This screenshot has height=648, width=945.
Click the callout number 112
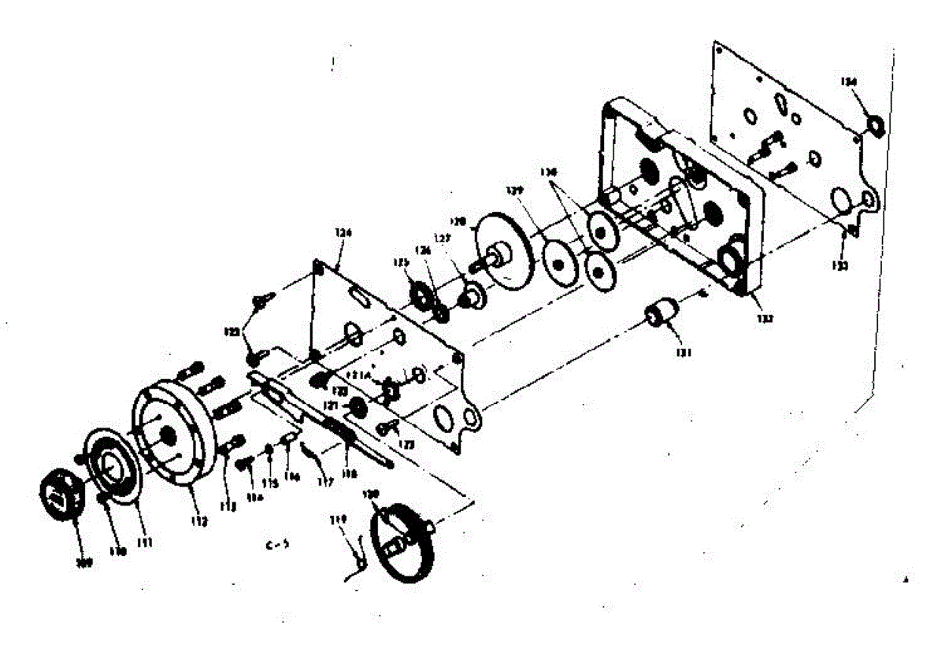[x=198, y=521]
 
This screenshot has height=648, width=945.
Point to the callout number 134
[x=847, y=82]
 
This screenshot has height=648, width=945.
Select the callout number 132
[x=766, y=319]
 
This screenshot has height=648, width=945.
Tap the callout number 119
[x=339, y=520]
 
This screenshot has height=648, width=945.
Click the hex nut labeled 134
[x=873, y=124]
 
